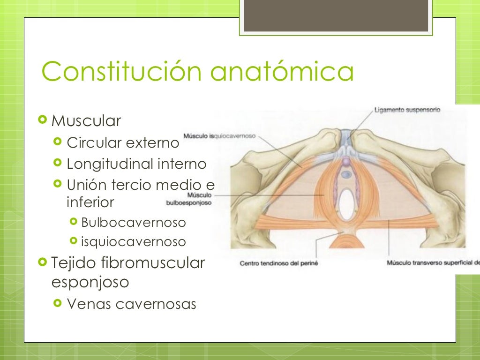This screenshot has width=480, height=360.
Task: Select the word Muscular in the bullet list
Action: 86,121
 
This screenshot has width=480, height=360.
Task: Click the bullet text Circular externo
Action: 123,142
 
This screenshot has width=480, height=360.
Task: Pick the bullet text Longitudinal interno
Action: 136,164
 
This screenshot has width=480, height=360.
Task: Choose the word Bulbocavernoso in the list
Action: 134,222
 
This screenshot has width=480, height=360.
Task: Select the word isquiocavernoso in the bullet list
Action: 134,242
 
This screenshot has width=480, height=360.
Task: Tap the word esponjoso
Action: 90,283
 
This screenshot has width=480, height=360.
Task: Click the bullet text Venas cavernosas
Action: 132,304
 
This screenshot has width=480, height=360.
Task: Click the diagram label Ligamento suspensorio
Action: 407,110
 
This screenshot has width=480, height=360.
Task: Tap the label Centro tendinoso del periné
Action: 278,263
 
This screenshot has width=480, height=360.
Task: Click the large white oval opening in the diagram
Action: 347,205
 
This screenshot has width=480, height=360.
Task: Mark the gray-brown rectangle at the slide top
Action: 336,16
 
